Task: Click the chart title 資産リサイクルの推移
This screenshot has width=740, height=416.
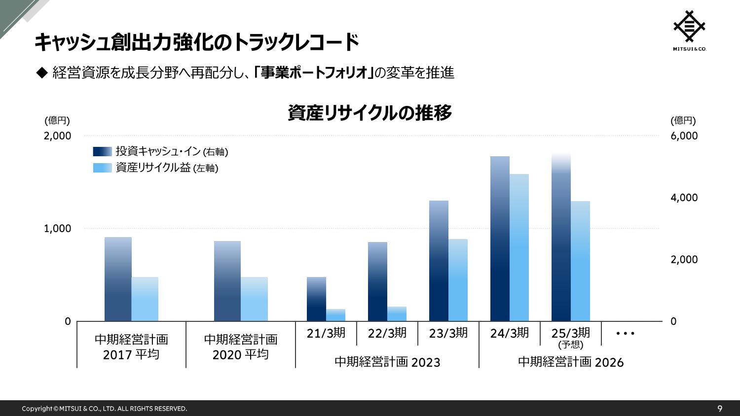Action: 370,113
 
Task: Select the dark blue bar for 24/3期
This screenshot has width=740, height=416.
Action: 500,239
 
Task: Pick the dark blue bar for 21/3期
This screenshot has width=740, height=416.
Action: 316,299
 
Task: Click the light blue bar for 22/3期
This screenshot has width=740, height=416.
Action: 397,314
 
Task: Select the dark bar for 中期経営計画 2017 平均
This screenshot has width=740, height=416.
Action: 118,279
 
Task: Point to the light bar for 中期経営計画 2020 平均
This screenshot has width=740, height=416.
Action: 254,299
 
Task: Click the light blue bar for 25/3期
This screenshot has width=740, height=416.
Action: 580,261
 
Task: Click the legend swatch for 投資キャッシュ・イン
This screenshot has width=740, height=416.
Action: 103,152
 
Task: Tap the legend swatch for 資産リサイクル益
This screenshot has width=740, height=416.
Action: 103,168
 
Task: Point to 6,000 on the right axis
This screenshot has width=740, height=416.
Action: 684,136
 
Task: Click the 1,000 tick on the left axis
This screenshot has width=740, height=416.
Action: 58,229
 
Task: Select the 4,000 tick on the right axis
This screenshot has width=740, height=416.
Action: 684,198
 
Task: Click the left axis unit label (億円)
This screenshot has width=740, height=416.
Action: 57,121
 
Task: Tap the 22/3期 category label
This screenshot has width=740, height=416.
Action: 387,333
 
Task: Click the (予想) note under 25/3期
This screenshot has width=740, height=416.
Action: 571,345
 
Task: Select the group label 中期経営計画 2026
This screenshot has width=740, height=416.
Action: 571,362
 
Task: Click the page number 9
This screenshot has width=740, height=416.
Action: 720,409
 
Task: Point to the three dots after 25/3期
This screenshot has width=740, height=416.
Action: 626,334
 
